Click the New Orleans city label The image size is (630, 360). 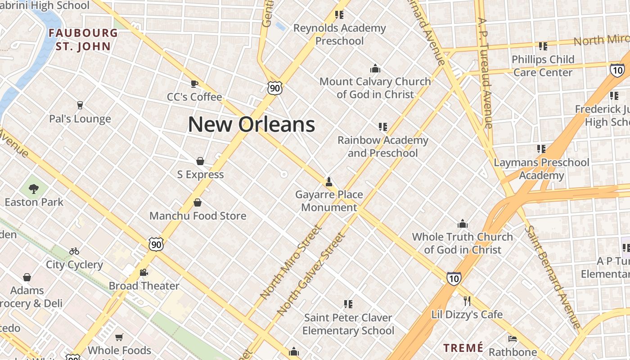tap(251, 124)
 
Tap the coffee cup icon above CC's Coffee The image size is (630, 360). tap(194, 83)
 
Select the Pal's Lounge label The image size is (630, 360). tap(80, 119)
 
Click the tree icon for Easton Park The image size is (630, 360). tap(34, 189)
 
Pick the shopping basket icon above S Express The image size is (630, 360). tap(200, 161)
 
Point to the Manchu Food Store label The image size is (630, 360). tap(198, 216)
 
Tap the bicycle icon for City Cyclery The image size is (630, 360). tap(74, 251)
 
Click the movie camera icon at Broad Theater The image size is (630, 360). tap(144, 272)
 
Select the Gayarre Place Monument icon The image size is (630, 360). tap(329, 181)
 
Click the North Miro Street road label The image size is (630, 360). tap(291, 262)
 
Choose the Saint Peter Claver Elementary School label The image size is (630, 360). tap(348, 324)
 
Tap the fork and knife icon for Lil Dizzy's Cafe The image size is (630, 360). tap(467, 301)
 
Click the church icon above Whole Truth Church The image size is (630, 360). tap(463, 224)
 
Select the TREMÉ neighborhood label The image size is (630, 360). tap(463, 347)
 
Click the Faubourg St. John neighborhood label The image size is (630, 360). tap(83, 40)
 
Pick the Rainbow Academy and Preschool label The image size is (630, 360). tap(383, 146)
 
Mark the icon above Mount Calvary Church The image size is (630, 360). tap(375, 68)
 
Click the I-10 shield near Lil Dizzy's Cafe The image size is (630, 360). tap(454, 279)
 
